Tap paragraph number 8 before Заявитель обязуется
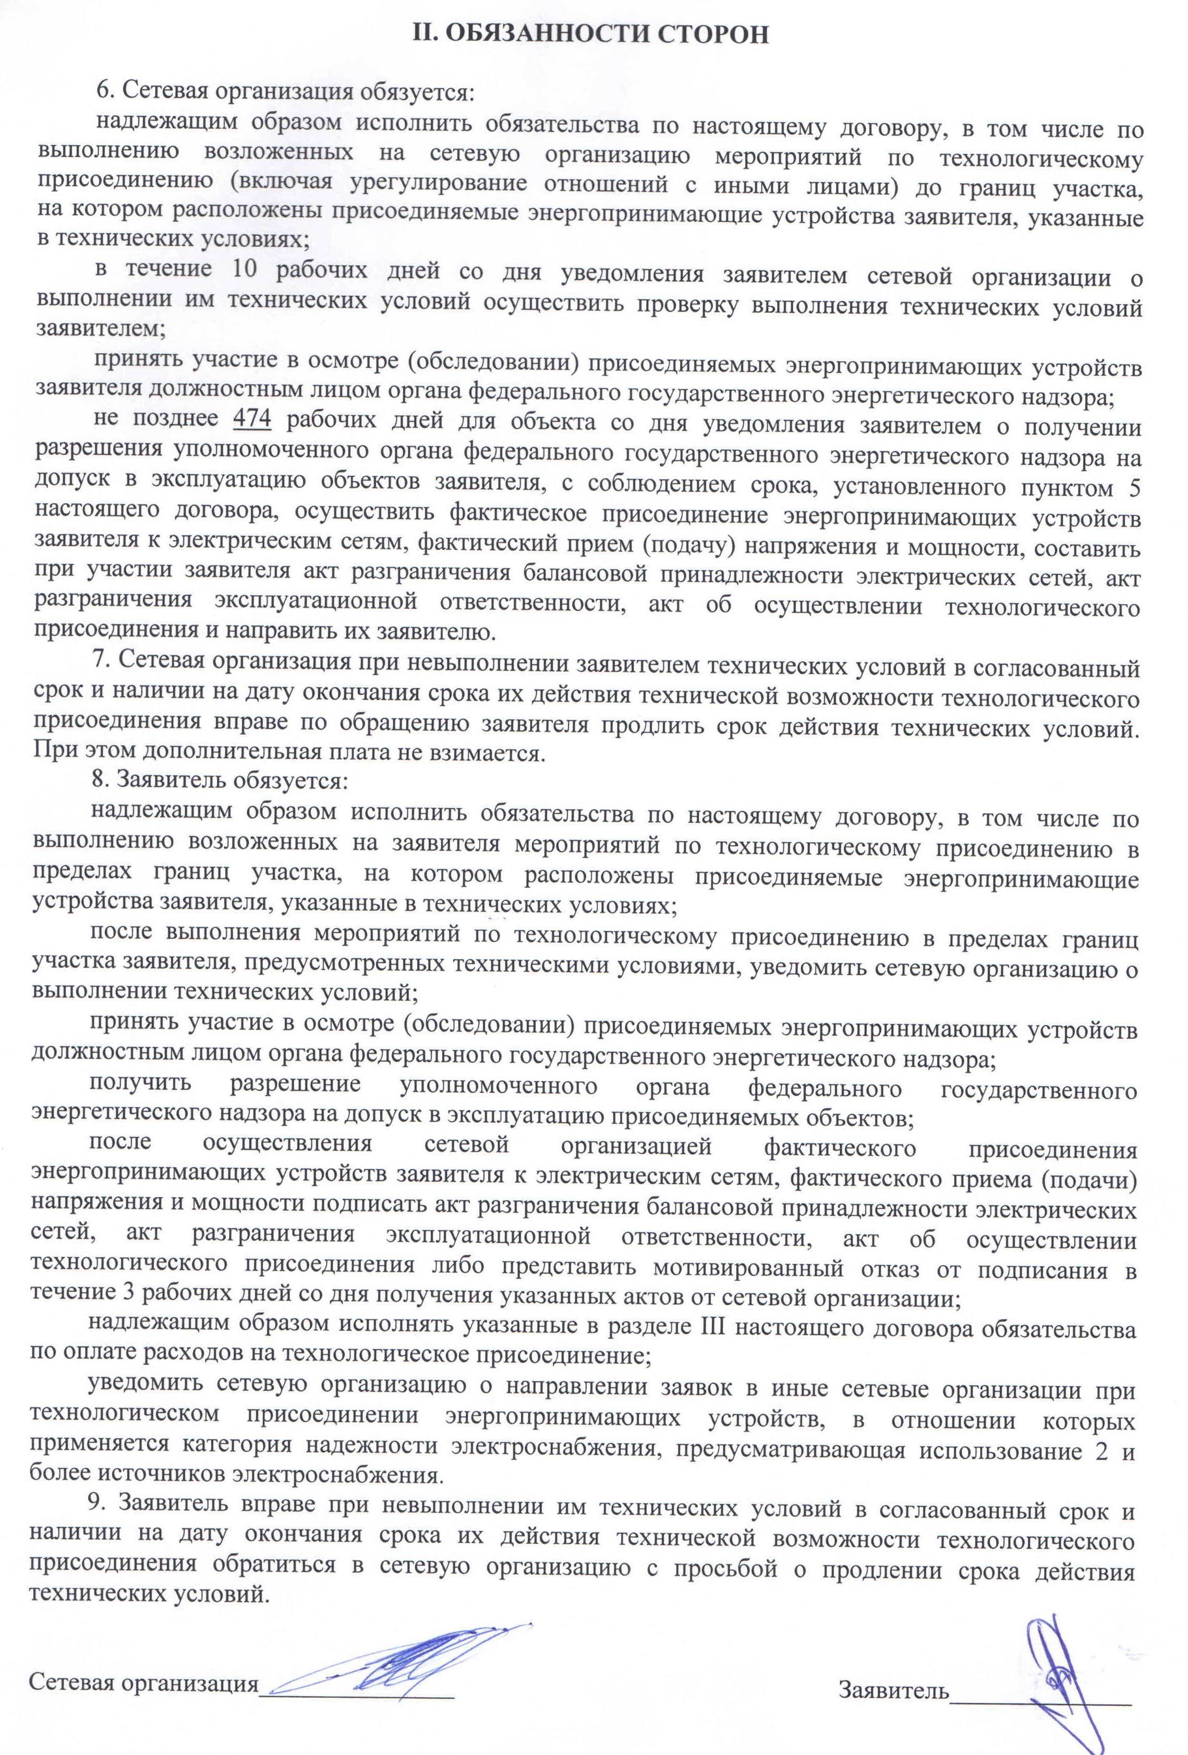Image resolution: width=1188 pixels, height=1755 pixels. pos(99,779)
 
